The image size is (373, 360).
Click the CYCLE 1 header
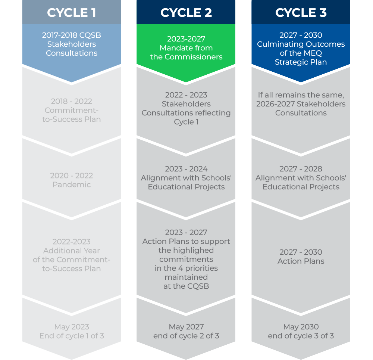[72, 13]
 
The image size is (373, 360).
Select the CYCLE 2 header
[186, 13]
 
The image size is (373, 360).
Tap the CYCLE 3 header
[301, 13]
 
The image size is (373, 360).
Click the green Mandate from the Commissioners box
[186, 48]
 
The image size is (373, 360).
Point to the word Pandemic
[72, 184]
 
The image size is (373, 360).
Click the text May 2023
[72, 327]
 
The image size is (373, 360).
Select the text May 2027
[186, 327]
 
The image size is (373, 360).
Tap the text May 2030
[301, 327]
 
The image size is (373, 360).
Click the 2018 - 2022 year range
[72, 101]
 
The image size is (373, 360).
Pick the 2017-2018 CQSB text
[72, 35]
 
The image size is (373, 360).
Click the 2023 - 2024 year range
[186, 169]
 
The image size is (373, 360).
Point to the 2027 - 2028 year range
[301, 169]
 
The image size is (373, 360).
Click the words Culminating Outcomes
[301, 44]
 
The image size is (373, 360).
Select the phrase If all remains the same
[301, 95]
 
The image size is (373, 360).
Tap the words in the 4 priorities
[186, 268]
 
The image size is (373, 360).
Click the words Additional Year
[72, 251]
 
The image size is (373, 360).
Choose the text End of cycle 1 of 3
[72, 336]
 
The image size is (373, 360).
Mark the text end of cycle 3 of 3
[301, 336]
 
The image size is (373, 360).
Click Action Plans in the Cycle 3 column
[301, 261]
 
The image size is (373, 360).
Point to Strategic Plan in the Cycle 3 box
[301, 62]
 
